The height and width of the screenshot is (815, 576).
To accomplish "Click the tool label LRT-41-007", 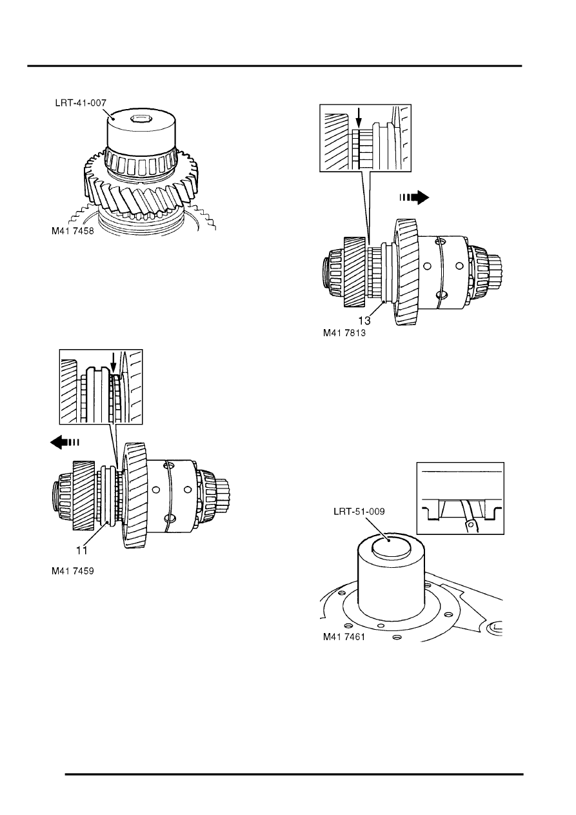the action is tap(81, 103).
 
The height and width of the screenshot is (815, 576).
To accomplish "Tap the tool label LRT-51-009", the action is tap(359, 512).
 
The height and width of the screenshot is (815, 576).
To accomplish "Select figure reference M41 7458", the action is tap(73, 231).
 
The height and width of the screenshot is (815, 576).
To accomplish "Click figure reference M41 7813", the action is tap(344, 333).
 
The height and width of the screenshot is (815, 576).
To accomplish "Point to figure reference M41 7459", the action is tap(73, 571).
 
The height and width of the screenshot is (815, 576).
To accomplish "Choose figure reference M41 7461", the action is tap(344, 637).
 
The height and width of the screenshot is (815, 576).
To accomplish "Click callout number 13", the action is tap(364, 321).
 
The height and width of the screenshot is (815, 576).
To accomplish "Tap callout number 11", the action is tap(81, 550).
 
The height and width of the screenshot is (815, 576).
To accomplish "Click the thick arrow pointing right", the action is tap(414, 197).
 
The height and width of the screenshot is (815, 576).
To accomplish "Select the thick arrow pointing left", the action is tap(65, 443).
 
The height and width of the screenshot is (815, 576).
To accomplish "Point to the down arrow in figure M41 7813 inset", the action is tap(359, 118).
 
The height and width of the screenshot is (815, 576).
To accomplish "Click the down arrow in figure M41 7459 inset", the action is tap(114, 363).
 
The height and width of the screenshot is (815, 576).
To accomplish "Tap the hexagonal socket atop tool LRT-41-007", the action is tap(138, 118).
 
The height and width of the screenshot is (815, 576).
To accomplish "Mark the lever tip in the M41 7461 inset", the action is tap(472, 525).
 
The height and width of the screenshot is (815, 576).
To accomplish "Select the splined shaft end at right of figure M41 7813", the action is tap(495, 269).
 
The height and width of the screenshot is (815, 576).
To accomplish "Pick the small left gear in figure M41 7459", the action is tap(84, 495).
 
